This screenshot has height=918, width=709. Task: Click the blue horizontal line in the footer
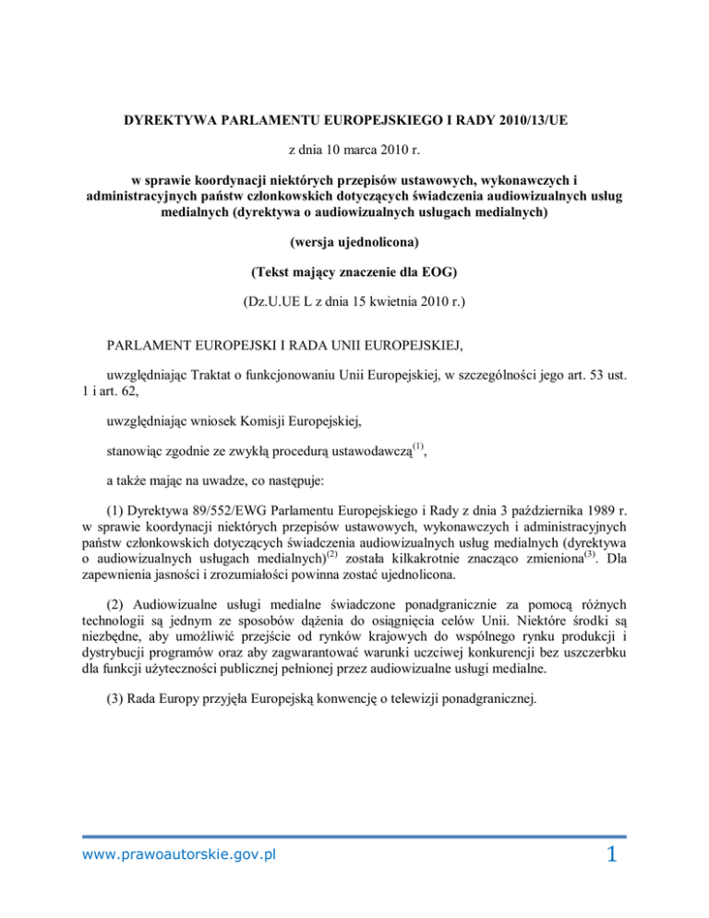click(354, 838)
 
